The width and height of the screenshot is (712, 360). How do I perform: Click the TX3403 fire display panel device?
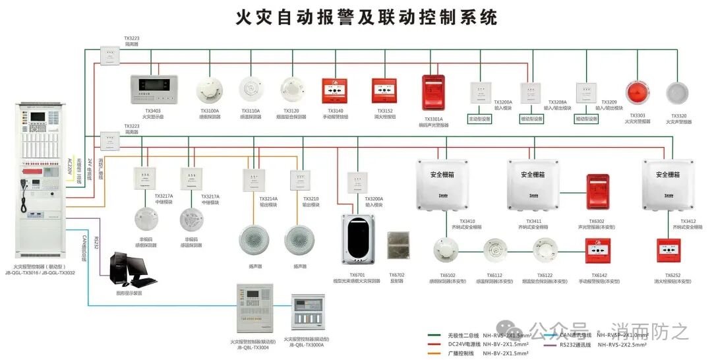[x=153, y=87]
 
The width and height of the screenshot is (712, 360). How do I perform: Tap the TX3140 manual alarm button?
[x=335, y=90]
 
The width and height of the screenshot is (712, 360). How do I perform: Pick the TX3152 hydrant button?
[x=384, y=90]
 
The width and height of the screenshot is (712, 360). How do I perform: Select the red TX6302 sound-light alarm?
[x=599, y=192]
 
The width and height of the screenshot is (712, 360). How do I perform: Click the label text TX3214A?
[x=268, y=198]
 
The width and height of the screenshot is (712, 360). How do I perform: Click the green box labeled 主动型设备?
[x=479, y=119]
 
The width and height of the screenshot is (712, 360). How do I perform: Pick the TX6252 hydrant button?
[x=672, y=251]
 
